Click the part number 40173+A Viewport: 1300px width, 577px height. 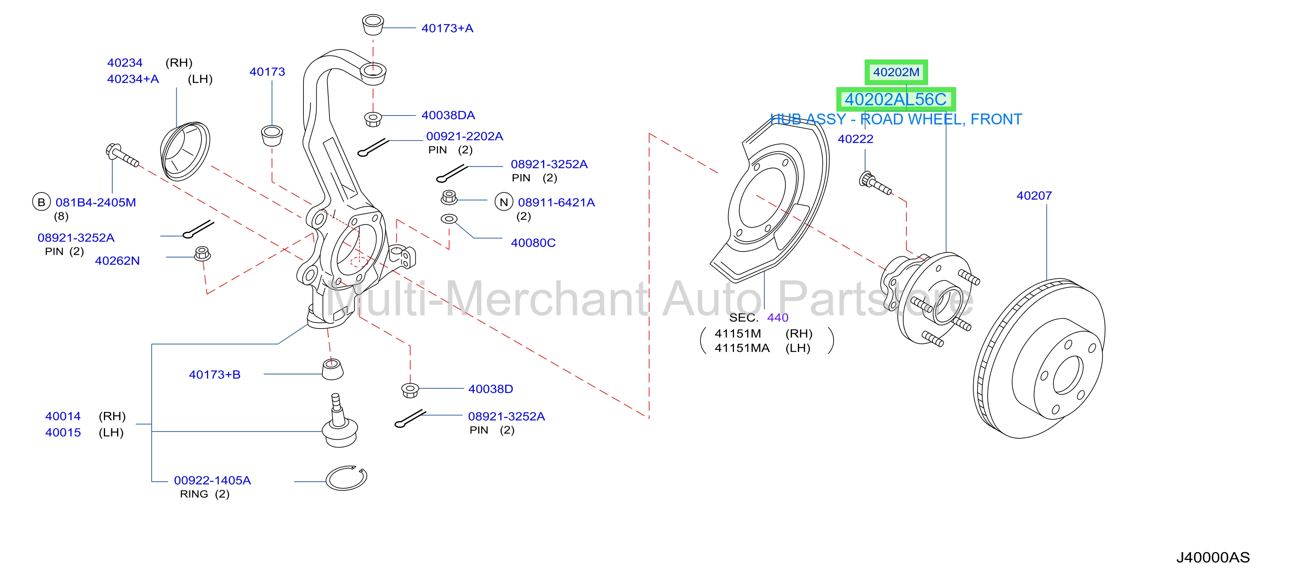coord(447,28)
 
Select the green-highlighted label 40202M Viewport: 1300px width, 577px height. coord(896,72)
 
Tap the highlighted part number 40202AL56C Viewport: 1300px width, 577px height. coord(896,100)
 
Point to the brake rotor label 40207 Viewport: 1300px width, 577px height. coord(1034,196)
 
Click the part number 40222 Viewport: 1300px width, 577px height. coord(855,139)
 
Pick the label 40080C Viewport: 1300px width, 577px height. coord(533,243)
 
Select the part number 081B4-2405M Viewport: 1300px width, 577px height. coord(95,202)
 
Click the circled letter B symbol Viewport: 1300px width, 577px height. coord(41,202)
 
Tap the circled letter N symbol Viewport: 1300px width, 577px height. coord(504,202)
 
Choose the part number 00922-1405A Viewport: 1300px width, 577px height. coord(212,480)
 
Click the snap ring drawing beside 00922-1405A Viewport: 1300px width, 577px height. coord(346,477)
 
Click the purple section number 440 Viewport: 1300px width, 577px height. coord(778,318)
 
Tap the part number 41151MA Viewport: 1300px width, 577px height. coord(742,348)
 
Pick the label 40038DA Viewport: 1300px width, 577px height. coord(448,115)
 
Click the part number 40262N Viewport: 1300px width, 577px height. coord(117,261)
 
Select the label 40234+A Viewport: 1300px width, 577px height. coord(133,79)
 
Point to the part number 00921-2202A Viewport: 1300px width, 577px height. coord(464,136)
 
